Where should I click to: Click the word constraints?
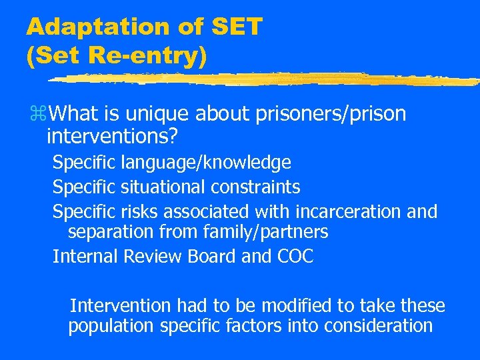tap(261, 187)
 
